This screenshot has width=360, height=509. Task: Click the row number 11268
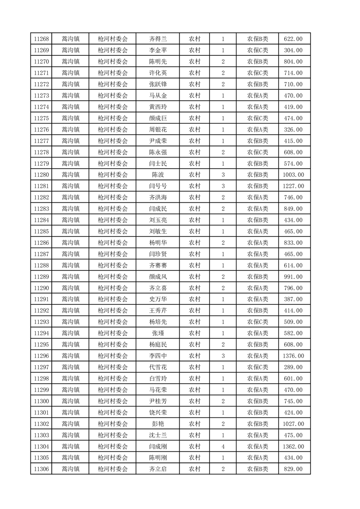(x=41, y=39)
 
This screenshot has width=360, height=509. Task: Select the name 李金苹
(x=158, y=50)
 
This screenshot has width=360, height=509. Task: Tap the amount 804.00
(x=293, y=62)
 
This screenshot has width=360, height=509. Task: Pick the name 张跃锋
(x=158, y=84)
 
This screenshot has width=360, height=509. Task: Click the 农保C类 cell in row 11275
(x=257, y=118)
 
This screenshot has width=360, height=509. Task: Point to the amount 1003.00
(x=293, y=175)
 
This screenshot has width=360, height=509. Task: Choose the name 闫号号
(x=158, y=186)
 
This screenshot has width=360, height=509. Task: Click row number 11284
(x=41, y=220)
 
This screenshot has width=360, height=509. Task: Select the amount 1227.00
(x=293, y=186)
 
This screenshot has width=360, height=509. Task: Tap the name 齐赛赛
(x=158, y=265)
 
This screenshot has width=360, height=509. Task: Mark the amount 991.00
(x=293, y=277)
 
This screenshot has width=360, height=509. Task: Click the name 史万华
(x=158, y=299)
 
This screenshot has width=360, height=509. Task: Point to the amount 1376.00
(x=293, y=356)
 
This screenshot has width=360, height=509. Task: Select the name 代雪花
(x=158, y=367)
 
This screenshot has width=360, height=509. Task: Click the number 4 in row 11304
(x=223, y=446)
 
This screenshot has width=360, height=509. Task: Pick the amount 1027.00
(x=293, y=424)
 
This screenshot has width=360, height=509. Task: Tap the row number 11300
(x=41, y=401)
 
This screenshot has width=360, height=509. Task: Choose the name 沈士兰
(x=158, y=435)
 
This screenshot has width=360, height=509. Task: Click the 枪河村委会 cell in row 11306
(x=113, y=469)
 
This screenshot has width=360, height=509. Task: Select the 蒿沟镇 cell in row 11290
(x=70, y=288)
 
